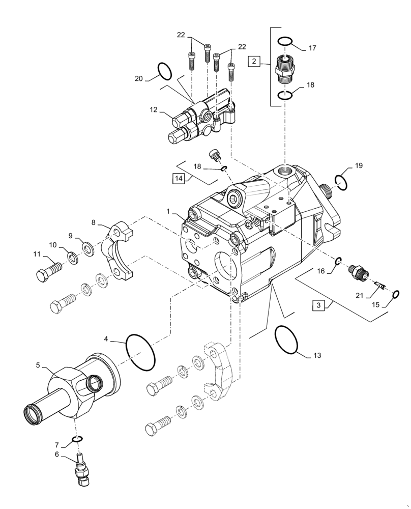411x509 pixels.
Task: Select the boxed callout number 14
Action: click(x=178, y=178)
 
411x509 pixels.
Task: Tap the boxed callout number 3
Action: click(x=318, y=305)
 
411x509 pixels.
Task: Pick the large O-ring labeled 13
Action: click(x=286, y=340)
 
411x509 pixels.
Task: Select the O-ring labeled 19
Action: click(x=341, y=180)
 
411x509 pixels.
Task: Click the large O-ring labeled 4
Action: click(x=140, y=352)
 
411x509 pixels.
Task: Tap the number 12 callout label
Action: click(x=154, y=110)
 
